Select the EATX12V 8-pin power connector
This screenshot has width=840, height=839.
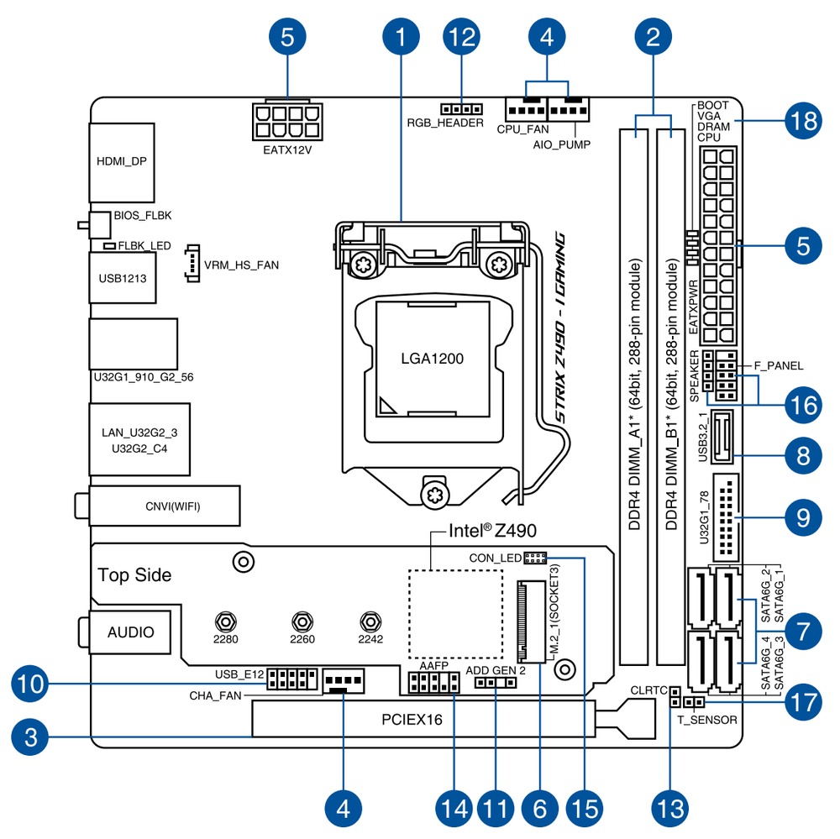point(287,121)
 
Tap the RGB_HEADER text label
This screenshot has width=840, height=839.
point(445,123)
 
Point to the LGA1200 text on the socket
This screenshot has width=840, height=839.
point(432,358)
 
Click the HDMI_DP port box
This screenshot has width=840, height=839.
point(122,161)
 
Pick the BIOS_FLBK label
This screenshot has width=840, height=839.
point(144,215)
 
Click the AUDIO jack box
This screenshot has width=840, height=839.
point(130,632)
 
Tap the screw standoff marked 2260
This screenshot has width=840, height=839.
point(301,622)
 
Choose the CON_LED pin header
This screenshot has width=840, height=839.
point(535,558)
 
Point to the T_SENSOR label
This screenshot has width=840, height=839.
point(707,720)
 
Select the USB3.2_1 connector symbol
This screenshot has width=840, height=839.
point(722,438)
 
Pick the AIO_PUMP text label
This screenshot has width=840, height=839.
point(562,144)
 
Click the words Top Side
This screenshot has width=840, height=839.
point(134,575)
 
